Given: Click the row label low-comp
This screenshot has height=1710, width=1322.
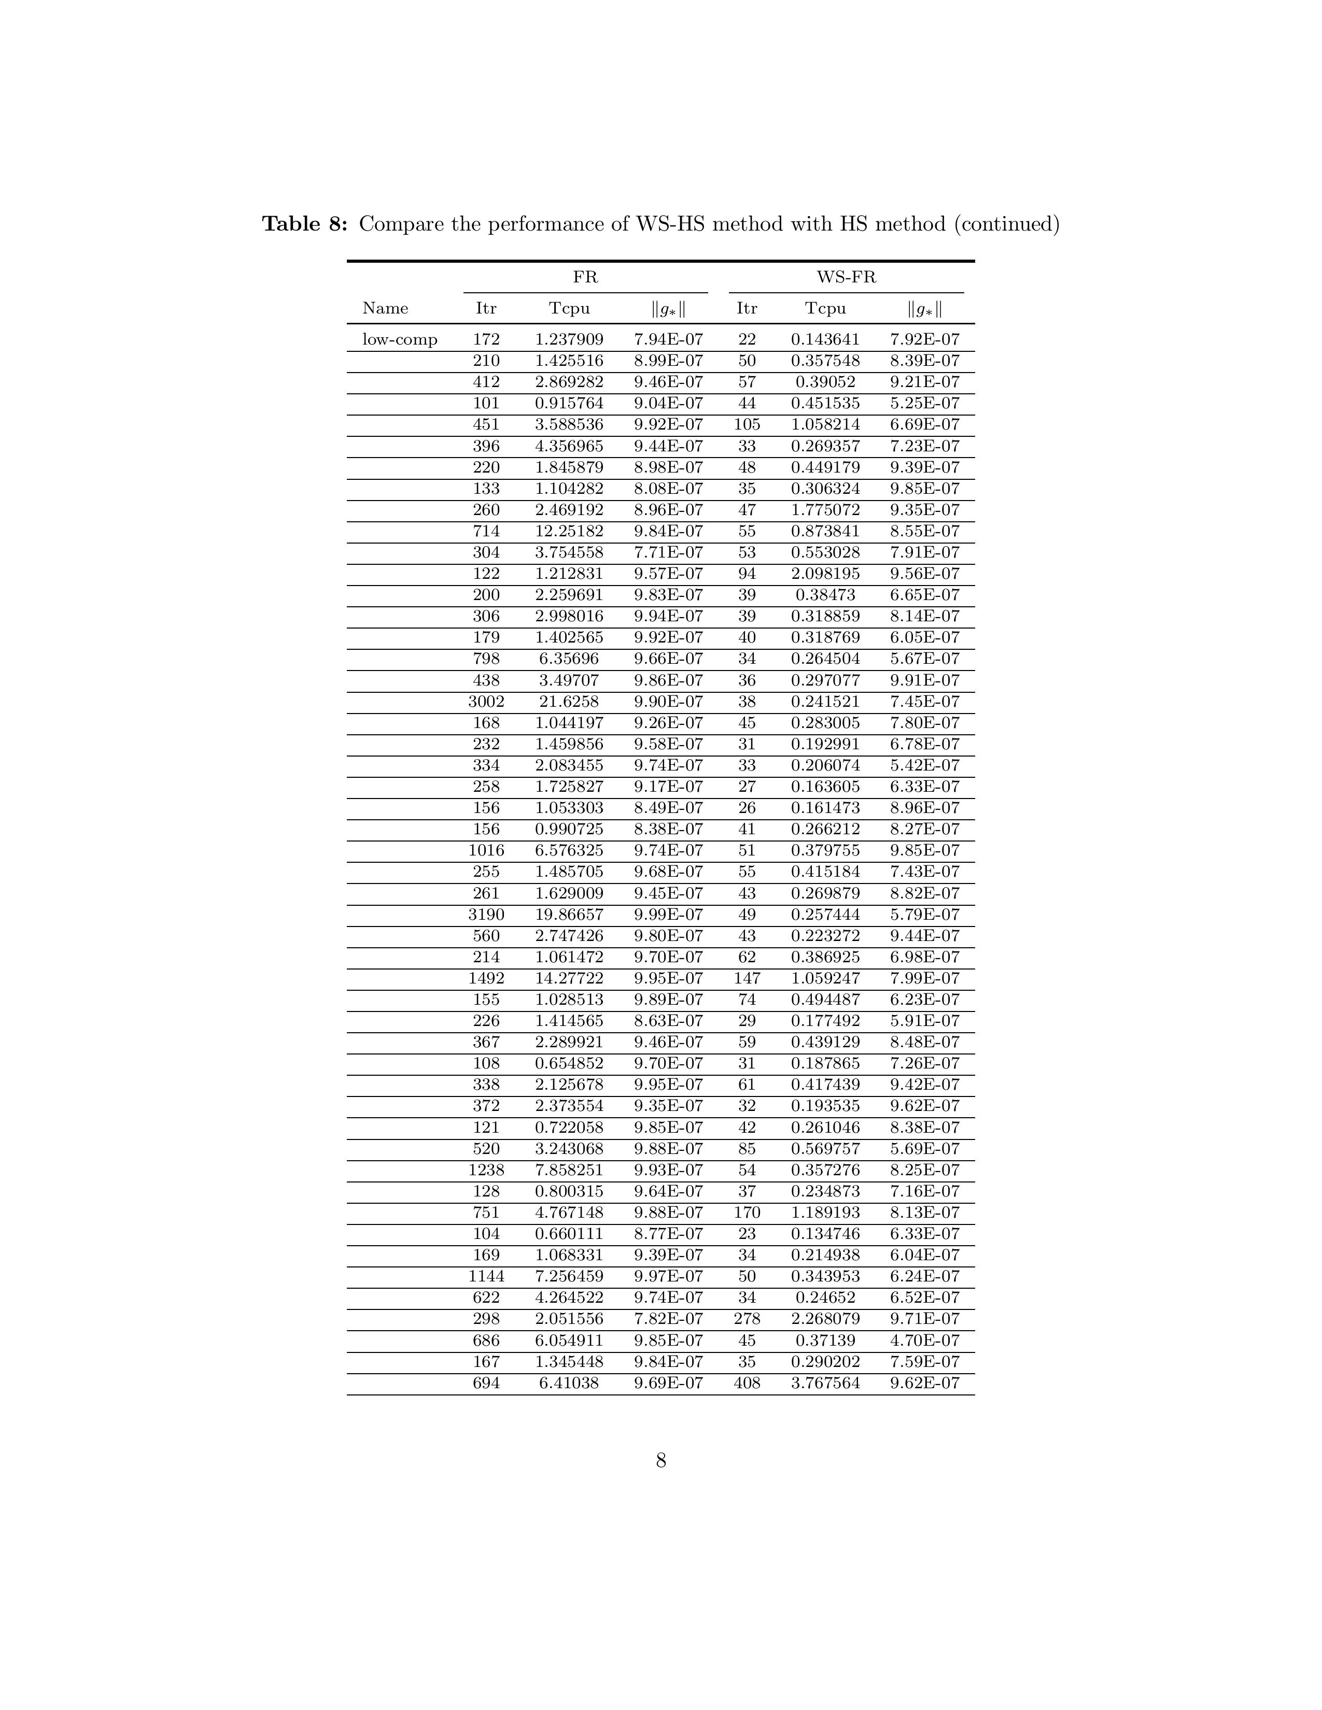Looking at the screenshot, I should click(399, 340).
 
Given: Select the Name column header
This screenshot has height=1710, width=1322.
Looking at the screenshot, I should click(385, 308).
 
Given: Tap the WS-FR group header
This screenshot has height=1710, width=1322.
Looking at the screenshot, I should click(846, 277).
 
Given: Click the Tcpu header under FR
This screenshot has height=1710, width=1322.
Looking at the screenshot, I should click(569, 308).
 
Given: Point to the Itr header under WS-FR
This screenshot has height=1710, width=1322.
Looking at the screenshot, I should click(747, 308).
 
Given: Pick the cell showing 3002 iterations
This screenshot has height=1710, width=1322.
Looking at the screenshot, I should click(486, 702).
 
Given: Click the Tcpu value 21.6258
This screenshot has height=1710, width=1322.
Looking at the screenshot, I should click(569, 702).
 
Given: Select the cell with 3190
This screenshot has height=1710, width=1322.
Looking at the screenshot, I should click(486, 915).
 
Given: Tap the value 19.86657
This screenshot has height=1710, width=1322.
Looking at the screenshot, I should click(569, 915).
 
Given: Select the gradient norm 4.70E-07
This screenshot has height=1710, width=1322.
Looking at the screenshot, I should click(925, 1341).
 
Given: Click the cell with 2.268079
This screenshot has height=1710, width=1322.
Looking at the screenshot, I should click(825, 1319).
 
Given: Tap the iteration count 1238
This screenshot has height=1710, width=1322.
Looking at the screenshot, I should click(486, 1170).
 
